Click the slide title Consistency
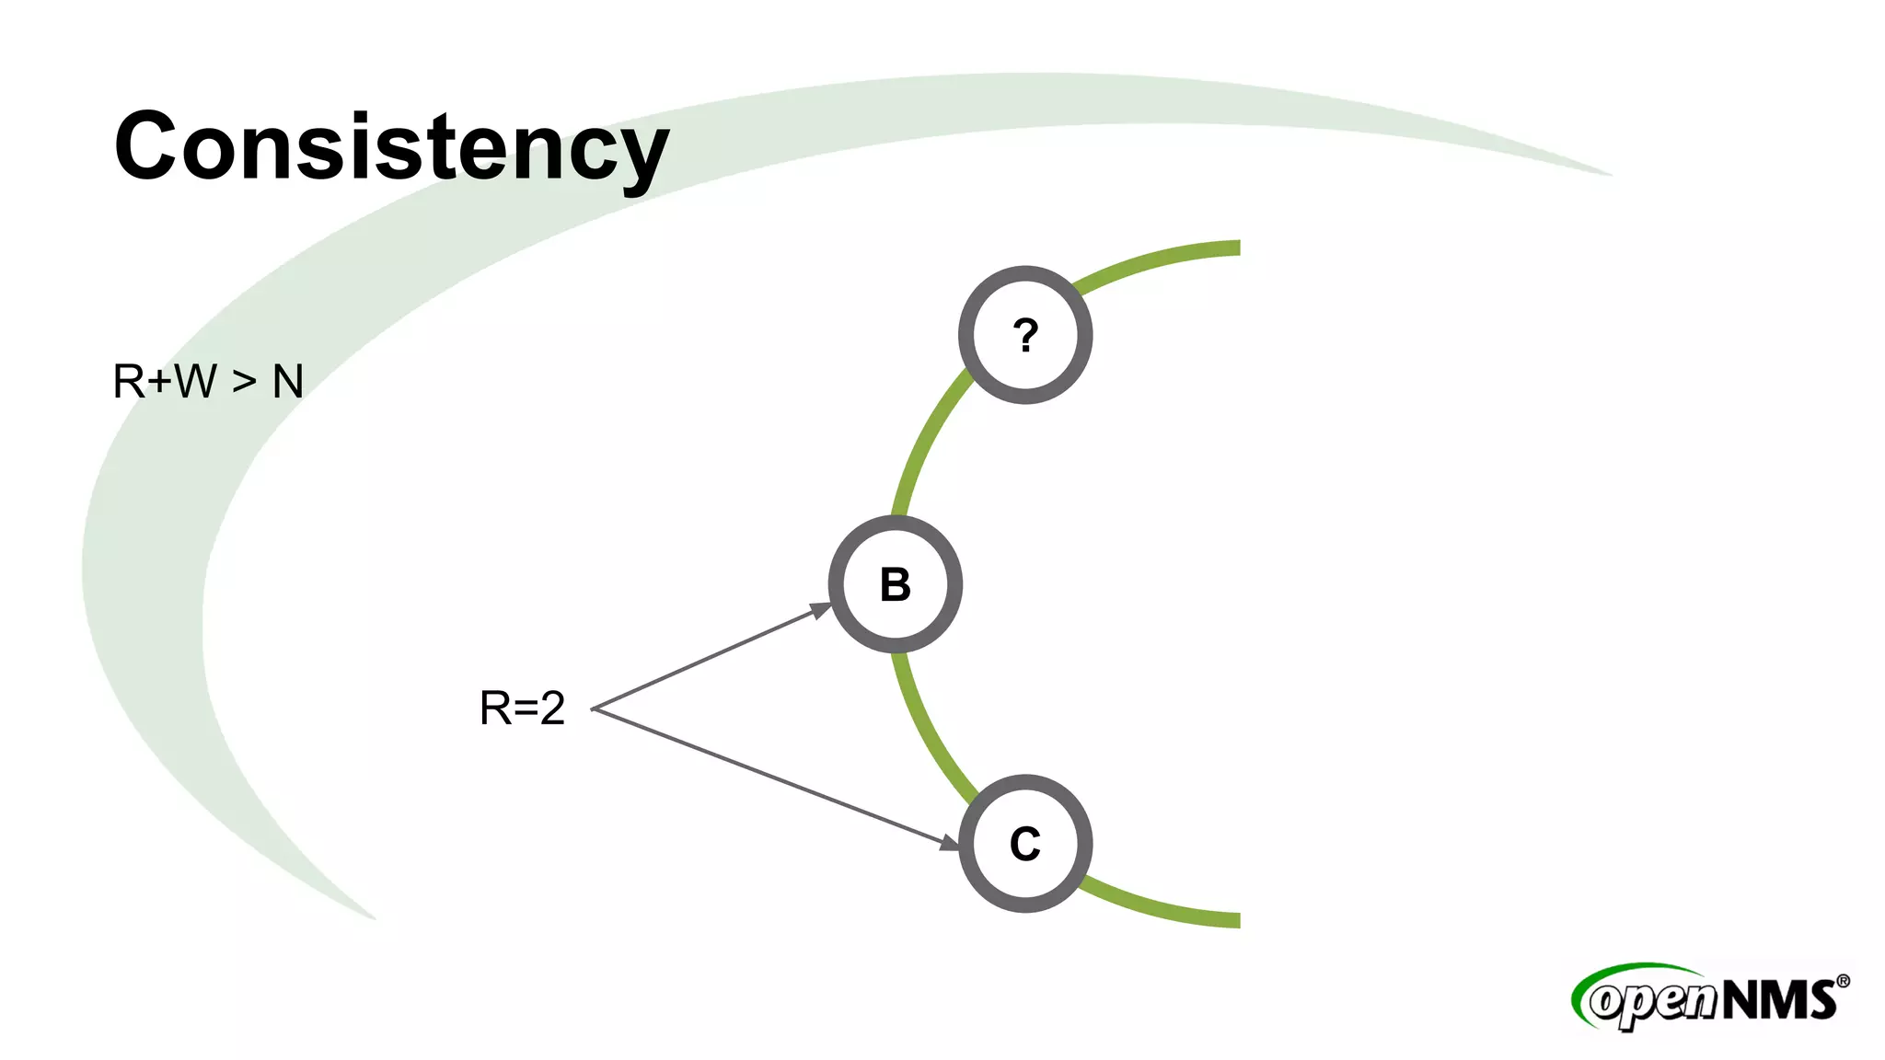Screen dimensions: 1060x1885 click(391, 147)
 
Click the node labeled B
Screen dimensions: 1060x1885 click(896, 584)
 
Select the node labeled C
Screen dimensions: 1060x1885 click(1025, 844)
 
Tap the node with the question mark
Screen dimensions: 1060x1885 click(1025, 335)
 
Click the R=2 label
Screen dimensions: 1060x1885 click(522, 709)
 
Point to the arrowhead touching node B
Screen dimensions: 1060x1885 click(820, 610)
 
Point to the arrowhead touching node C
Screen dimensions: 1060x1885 click(949, 842)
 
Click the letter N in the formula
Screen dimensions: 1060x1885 click(288, 382)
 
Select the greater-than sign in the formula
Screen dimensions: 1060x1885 click(244, 382)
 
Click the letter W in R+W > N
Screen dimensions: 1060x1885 click(196, 382)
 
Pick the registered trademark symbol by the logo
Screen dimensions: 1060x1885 click(1843, 982)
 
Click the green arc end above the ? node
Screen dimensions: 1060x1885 click(1224, 248)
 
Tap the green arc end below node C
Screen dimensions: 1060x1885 click(1224, 919)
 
